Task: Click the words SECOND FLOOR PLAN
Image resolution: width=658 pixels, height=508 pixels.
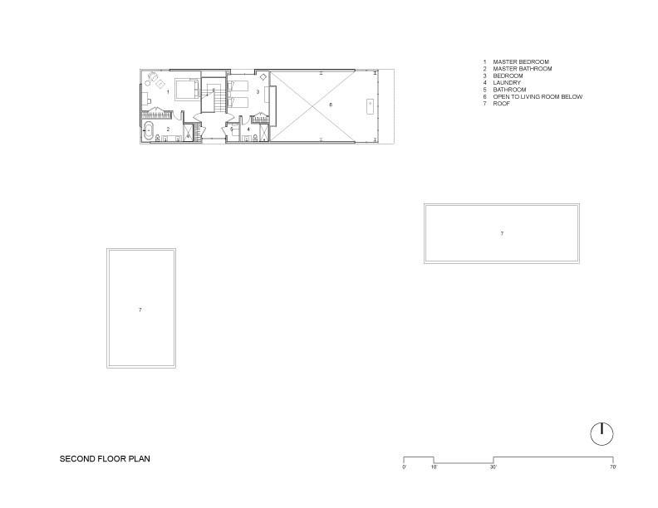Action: pyautogui.click(x=105, y=458)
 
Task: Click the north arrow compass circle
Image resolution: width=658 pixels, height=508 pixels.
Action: pyautogui.click(x=602, y=434)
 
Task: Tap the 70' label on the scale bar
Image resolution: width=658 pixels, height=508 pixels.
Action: pyautogui.click(x=612, y=467)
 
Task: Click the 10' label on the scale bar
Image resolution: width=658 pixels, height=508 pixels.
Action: pyautogui.click(x=434, y=467)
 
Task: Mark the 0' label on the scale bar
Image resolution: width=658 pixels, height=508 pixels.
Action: pyautogui.click(x=404, y=467)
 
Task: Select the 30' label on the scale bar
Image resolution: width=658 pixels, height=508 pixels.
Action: pyautogui.click(x=493, y=467)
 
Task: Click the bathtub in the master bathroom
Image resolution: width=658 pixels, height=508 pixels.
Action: pyautogui.click(x=148, y=131)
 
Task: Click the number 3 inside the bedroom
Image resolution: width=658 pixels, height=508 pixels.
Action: pyautogui.click(x=258, y=91)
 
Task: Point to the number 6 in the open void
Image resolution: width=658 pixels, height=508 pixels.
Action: pyautogui.click(x=331, y=105)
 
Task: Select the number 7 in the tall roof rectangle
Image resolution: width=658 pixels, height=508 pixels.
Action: pyautogui.click(x=140, y=310)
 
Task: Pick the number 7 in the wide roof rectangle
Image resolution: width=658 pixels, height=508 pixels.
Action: pyautogui.click(x=502, y=233)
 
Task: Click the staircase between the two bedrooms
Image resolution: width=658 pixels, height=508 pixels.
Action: pyautogui.click(x=214, y=95)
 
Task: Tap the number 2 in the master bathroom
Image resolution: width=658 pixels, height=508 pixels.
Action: pyautogui.click(x=169, y=129)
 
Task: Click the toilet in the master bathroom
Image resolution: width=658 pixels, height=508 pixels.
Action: pyautogui.click(x=158, y=138)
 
